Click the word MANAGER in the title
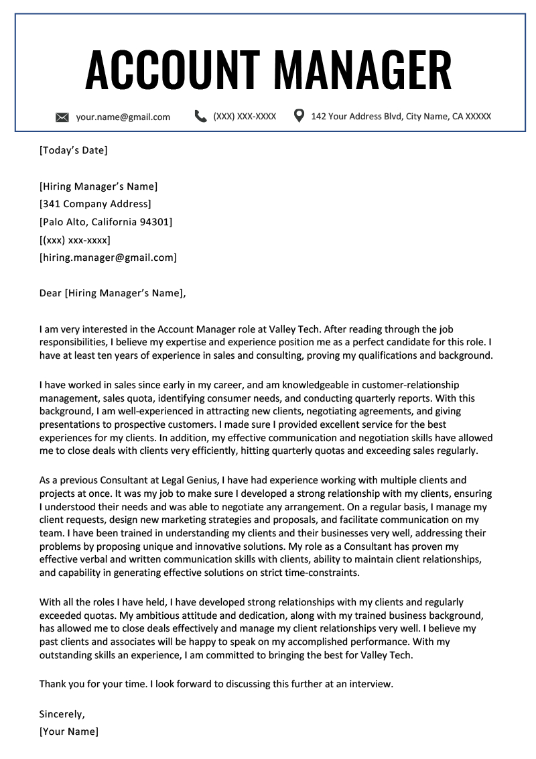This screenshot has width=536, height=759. click(x=362, y=70)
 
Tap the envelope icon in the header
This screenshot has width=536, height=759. click(x=62, y=117)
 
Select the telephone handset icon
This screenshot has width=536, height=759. click(x=200, y=116)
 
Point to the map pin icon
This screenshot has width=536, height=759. click(x=299, y=116)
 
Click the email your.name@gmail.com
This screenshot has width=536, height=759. click(x=123, y=117)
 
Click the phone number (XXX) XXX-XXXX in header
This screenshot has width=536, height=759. click(x=245, y=116)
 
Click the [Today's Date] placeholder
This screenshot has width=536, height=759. click(x=73, y=150)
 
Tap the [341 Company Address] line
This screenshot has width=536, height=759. click(x=95, y=204)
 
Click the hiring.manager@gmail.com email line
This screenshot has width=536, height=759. click(x=108, y=257)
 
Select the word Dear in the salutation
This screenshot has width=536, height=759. click(x=50, y=292)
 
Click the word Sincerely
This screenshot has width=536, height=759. click(x=62, y=714)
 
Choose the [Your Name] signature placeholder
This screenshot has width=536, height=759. click(x=68, y=732)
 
